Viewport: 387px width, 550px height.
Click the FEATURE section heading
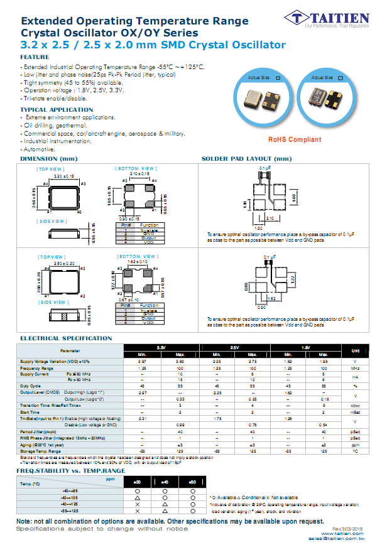pos(35,57)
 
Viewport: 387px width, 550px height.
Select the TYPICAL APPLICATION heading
pos(57,110)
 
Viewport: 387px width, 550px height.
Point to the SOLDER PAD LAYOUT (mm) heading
pos(246,159)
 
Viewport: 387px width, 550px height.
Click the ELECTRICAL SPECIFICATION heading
pos(66,338)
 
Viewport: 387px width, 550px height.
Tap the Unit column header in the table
pos(356,350)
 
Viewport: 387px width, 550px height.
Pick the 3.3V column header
pos(161,347)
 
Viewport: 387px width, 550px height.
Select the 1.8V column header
pos(305,347)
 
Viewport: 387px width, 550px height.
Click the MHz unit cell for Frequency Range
pos(356,368)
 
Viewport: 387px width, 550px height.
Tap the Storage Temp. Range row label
pos(40,451)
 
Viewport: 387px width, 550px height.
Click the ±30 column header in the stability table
pos(138,482)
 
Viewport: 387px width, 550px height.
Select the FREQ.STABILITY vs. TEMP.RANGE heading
pos(70,470)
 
